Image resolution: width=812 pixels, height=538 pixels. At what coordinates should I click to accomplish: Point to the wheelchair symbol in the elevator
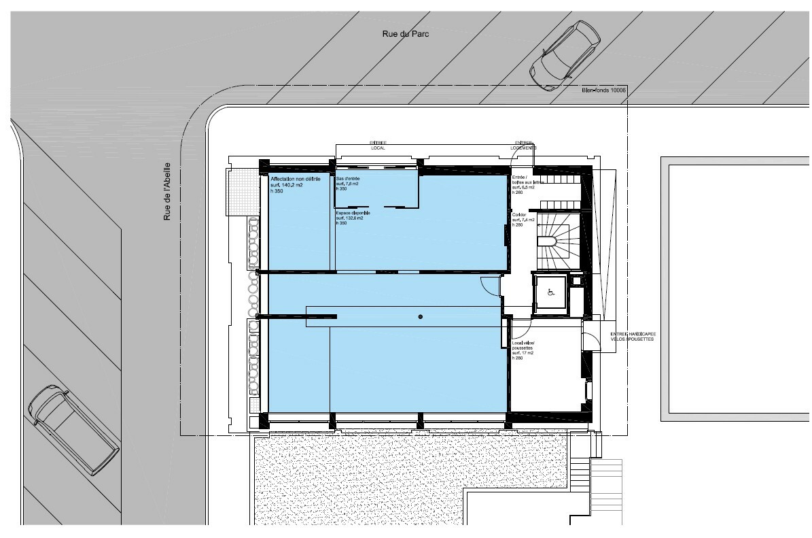point(552,293)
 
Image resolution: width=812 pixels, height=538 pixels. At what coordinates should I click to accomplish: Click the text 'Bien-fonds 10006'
point(604,90)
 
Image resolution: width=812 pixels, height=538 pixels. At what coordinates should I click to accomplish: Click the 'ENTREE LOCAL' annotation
point(378,145)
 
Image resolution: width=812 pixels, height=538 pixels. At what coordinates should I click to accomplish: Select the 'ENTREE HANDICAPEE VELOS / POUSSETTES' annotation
point(633,337)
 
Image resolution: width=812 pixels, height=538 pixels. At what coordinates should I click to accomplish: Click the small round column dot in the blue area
point(421,317)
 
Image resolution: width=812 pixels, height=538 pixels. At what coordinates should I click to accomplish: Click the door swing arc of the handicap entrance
point(591,337)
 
